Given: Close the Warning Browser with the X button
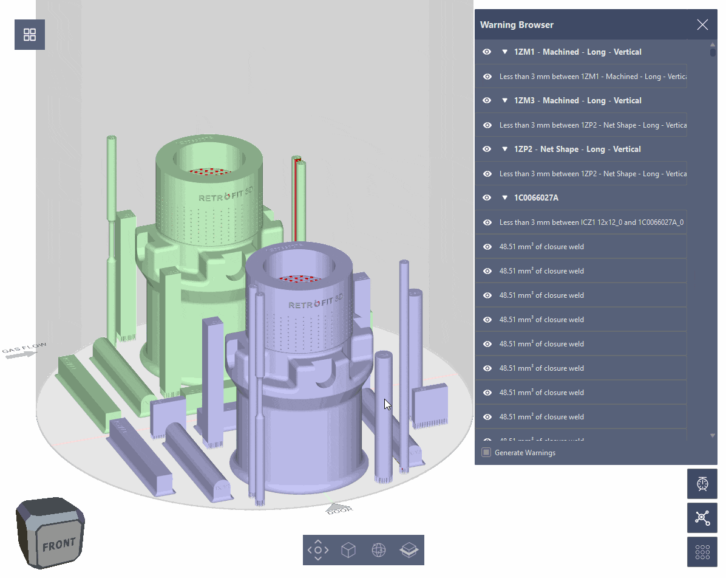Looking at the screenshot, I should click(x=702, y=24).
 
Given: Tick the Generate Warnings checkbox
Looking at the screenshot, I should click(x=486, y=452).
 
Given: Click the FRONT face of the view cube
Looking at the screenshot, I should click(x=58, y=543).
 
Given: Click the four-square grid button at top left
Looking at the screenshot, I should click(x=30, y=35).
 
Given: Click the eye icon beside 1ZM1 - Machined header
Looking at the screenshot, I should click(x=487, y=52).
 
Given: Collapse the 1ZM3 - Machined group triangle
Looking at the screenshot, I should click(x=504, y=101).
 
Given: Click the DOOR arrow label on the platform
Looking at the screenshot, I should click(x=339, y=509).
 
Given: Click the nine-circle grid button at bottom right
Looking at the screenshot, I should click(x=702, y=552).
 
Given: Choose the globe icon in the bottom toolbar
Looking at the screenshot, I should click(x=379, y=550).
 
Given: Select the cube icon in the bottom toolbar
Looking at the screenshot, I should click(x=348, y=550).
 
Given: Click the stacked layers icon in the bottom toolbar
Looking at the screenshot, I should click(x=409, y=550).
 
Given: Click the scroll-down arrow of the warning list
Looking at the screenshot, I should click(x=713, y=436).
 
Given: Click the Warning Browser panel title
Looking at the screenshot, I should click(x=517, y=25).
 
